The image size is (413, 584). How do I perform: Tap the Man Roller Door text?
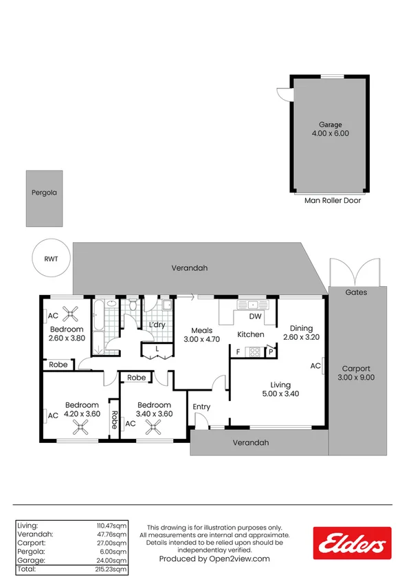coord(333,201)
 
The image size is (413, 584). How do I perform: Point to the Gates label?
coord(357,292)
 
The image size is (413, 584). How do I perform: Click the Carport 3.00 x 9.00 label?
coord(357,372)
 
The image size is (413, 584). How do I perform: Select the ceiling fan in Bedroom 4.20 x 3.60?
coord(81,428)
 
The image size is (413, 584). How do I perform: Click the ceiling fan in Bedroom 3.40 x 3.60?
coord(152,428)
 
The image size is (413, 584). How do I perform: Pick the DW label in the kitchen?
coord(255,317)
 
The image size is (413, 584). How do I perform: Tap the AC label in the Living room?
coord(315,366)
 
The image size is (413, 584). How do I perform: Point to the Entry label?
coord(201,407)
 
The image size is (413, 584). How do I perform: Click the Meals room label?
coord(201,330)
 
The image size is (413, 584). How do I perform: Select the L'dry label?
coord(157,325)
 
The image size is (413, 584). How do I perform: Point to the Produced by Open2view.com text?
coord(214,559)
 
